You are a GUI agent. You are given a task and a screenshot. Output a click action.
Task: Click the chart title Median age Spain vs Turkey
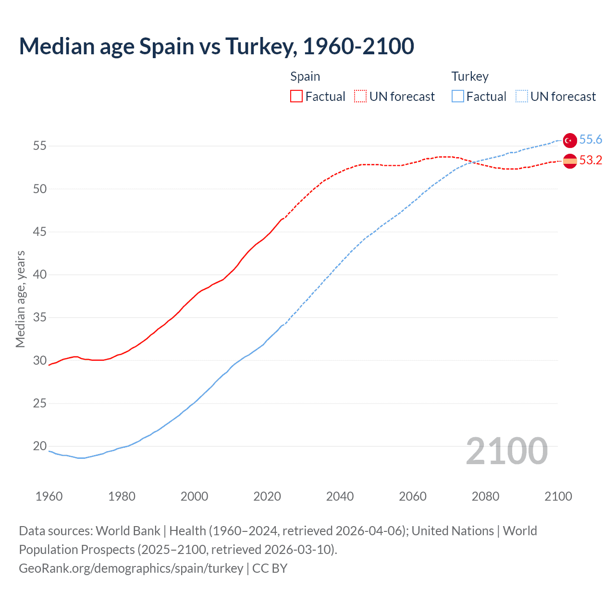click(216, 47)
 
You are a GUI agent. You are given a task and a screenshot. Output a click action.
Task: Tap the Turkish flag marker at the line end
click(570, 140)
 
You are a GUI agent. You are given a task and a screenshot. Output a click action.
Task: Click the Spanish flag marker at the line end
click(570, 161)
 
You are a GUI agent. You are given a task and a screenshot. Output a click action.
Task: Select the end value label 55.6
click(590, 140)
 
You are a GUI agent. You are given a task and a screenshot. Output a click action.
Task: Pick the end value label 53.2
click(590, 160)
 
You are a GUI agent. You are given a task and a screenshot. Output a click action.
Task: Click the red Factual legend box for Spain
click(296, 97)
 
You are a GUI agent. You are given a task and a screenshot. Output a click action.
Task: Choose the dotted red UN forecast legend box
click(360, 97)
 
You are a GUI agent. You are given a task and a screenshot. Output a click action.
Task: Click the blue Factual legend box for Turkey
click(458, 97)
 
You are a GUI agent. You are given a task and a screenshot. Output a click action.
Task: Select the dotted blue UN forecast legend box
click(522, 97)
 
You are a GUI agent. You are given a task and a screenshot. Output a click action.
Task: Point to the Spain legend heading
click(305, 76)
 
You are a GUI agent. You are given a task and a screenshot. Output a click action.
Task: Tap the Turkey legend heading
click(470, 76)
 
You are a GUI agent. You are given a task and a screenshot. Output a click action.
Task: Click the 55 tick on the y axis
click(40, 146)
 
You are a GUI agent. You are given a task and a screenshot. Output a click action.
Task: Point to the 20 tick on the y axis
click(40, 446)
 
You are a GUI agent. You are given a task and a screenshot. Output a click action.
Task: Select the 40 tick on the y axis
click(40, 275)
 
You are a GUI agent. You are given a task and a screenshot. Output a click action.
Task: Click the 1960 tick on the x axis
click(49, 496)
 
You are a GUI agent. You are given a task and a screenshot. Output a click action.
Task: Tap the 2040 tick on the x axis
click(340, 496)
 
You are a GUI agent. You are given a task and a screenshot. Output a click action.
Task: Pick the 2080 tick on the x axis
click(485, 496)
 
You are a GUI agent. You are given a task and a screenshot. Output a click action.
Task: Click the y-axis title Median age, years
click(20, 299)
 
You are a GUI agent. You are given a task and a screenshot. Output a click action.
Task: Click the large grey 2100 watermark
click(506, 451)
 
